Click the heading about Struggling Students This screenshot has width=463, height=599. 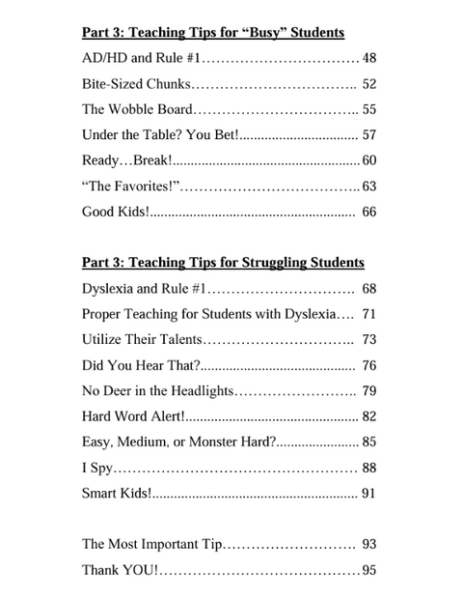point(223,262)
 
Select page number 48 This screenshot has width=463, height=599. point(368,59)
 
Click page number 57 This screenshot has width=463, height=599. point(368,135)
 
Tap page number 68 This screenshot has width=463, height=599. point(368,288)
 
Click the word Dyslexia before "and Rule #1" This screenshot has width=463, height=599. point(109,288)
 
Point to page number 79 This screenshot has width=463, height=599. point(368,390)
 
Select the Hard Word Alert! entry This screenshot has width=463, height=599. point(133,416)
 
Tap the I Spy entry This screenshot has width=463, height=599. point(97,468)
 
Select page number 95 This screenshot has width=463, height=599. point(368,570)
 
